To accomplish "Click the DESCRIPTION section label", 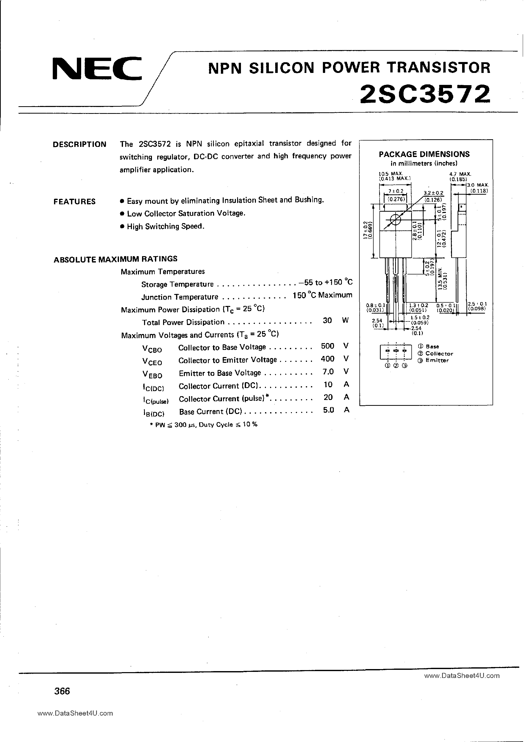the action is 79,144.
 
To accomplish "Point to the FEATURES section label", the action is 75,202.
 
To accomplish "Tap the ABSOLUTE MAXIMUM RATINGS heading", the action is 115,259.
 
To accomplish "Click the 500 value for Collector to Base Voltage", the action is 327,346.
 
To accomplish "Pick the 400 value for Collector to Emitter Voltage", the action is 327,359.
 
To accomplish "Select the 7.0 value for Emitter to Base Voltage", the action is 328,372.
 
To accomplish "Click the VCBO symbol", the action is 152,349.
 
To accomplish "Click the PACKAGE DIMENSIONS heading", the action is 424,154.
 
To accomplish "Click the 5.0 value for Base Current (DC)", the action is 328,410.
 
